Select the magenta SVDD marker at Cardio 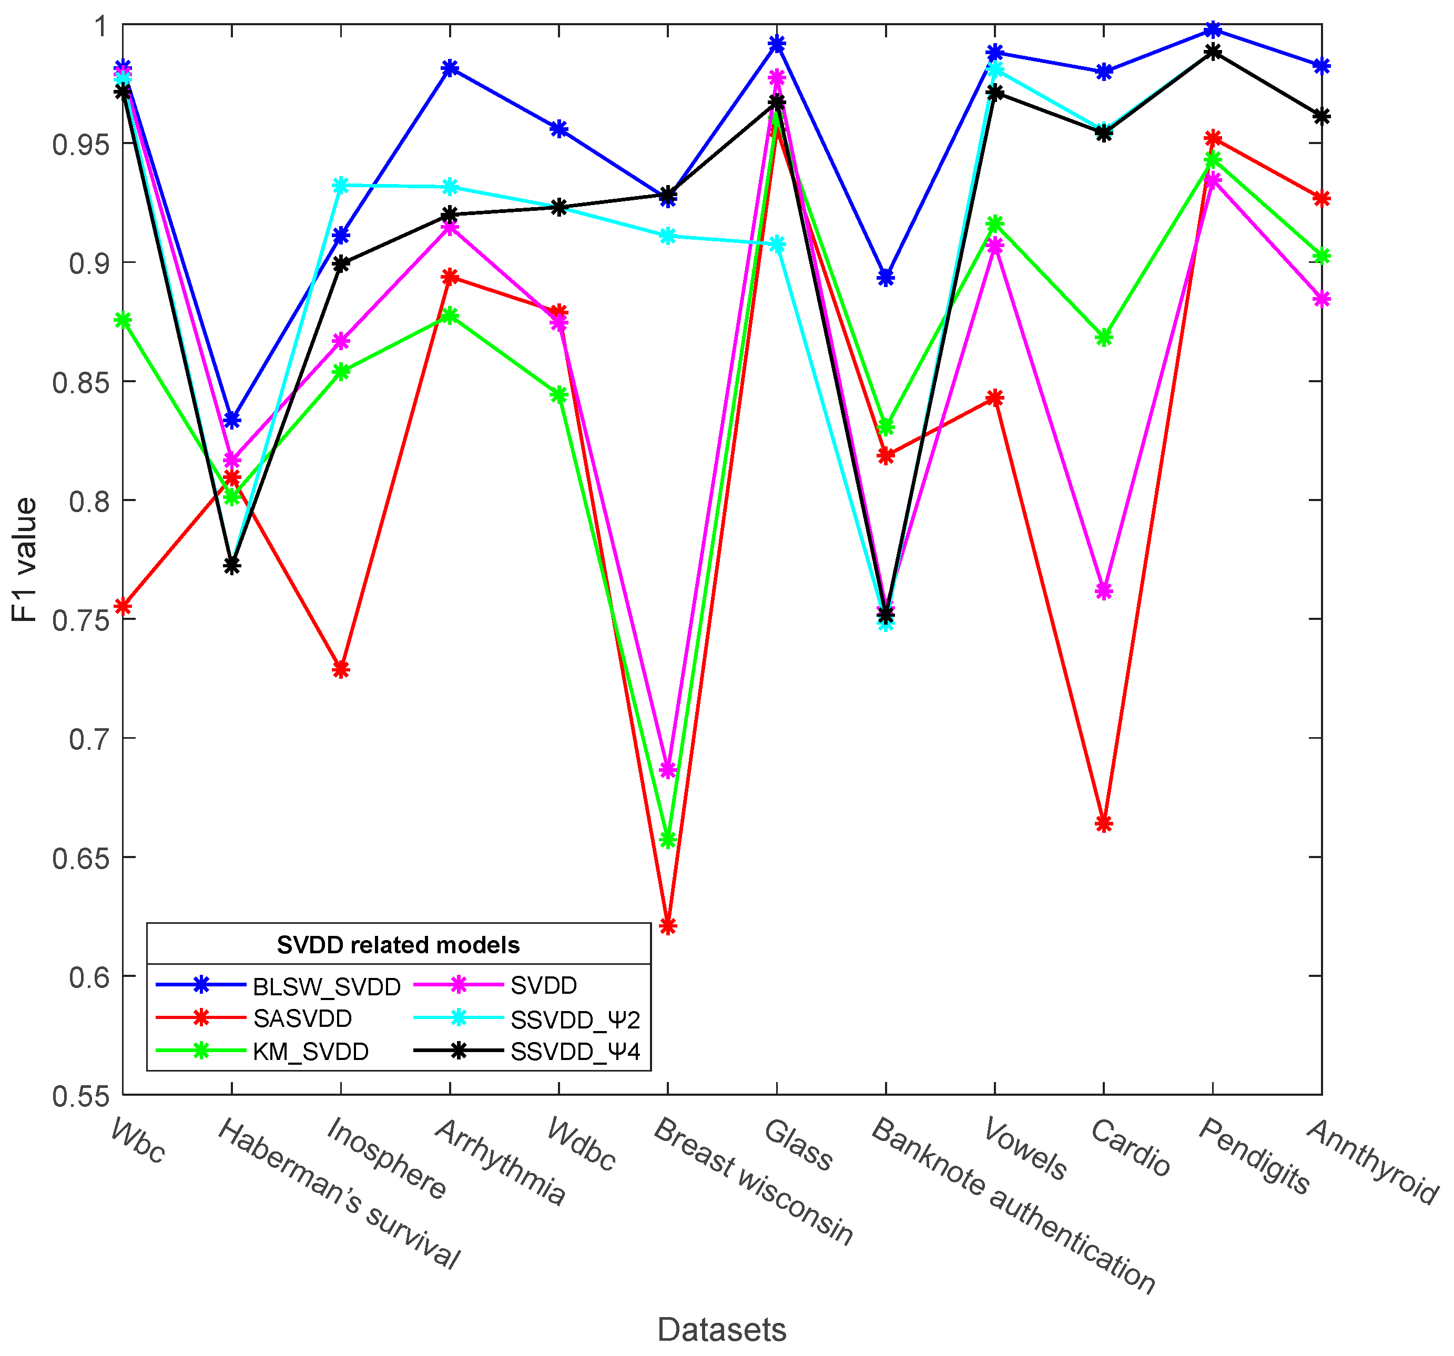tap(1104, 590)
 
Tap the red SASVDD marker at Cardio tap(1104, 823)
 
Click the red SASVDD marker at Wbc tap(123, 606)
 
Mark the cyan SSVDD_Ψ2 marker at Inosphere tap(341, 185)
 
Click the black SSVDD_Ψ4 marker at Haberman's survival tap(232, 565)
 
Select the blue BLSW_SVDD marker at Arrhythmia tap(450, 68)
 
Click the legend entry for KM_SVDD tap(310, 1052)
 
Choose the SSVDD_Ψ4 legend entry tap(575, 1052)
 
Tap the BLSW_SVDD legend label tap(326, 987)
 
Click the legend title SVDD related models tap(398, 945)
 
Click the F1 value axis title tap(25, 559)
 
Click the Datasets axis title tap(721, 1329)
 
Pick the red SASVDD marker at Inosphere tap(341, 669)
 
